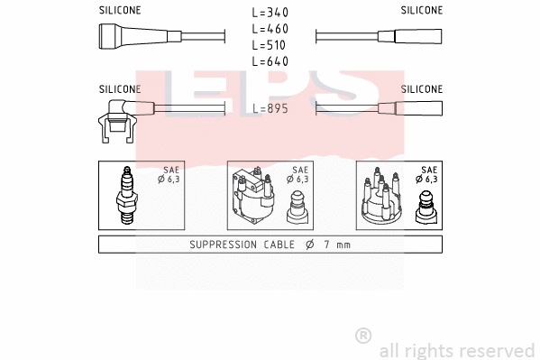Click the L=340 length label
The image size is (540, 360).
coord(270,13)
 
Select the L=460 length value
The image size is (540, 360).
coord(270,29)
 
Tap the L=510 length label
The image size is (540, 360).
coord(270,45)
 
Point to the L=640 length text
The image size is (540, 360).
coord(270,61)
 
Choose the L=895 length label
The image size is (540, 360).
coord(270,108)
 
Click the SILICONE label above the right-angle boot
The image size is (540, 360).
coord(119,89)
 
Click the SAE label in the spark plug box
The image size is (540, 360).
coord(171,170)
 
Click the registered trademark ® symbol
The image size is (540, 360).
coord(363,335)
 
